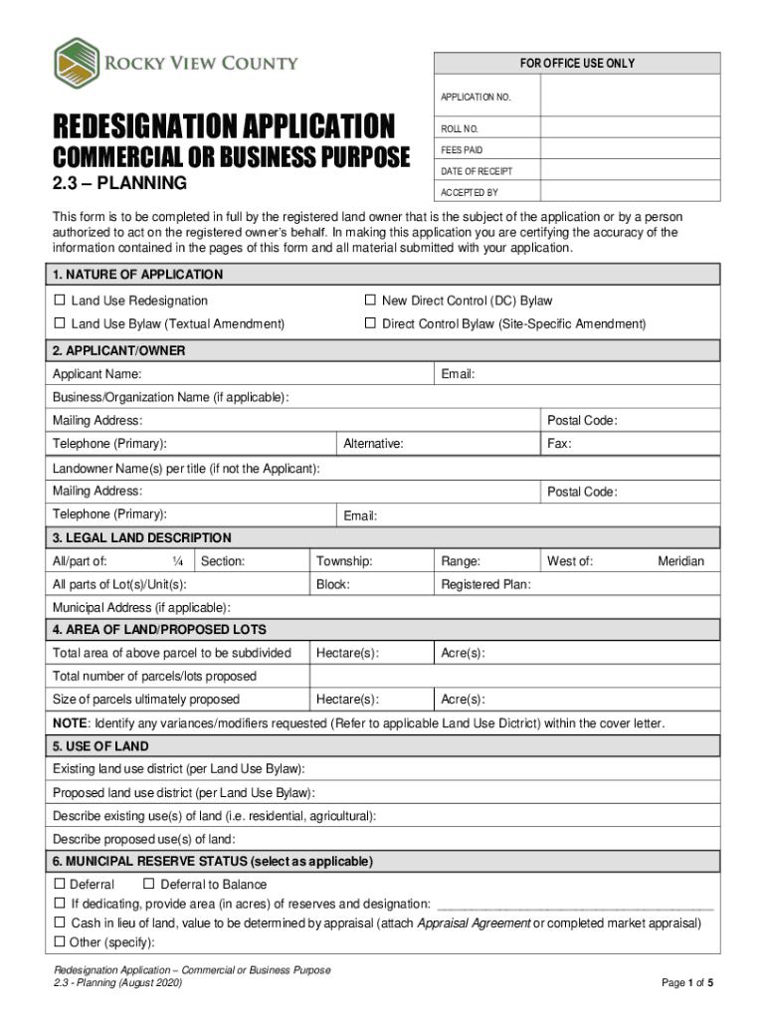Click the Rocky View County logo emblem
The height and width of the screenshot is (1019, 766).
(x=78, y=64)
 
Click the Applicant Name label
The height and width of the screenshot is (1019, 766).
(x=96, y=374)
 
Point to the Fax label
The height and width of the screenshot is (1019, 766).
(x=559, y=444)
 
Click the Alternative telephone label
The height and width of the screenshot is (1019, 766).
(x=373, y=444)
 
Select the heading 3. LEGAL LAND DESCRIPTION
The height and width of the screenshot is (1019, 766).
(x=141, y=537)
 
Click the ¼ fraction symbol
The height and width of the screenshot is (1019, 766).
(x=176, y=561)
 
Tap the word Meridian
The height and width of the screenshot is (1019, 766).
(x=680, y=561)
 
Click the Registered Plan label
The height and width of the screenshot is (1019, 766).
(x=485, y=585)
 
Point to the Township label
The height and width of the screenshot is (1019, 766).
(x=344, y=561)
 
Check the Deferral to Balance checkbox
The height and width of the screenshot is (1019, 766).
(x=149, y=885)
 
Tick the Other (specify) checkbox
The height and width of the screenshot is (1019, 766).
(x=59, y=942)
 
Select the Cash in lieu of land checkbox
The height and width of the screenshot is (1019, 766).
(x=59, y=923)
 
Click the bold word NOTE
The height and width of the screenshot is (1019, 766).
(x=70, y=722)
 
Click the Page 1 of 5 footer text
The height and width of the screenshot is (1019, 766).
(x=687, y=983)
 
